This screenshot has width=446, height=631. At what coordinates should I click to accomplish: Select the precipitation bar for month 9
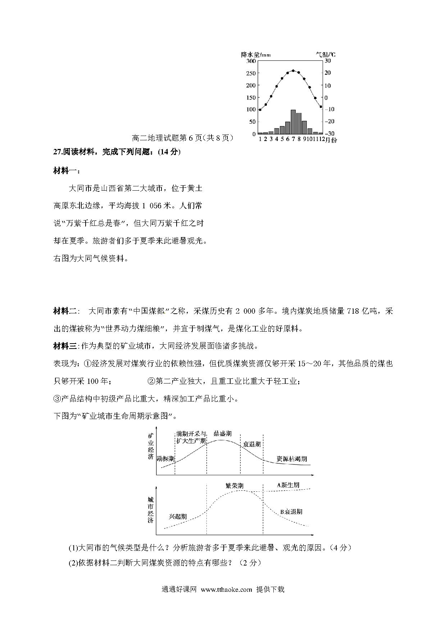click(304, 127)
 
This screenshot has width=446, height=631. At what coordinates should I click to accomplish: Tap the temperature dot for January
click(260, 110)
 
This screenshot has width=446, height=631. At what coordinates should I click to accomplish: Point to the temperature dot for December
click(321, 107)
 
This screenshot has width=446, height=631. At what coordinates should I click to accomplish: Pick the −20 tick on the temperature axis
click(330, 121)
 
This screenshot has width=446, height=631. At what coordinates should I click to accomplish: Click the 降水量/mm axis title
click(256, 55)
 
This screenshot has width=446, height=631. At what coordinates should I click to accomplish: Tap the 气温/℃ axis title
click(326, 55)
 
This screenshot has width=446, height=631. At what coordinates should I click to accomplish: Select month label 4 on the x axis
click(276, 140)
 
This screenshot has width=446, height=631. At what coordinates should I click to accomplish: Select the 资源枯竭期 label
click(292, 459)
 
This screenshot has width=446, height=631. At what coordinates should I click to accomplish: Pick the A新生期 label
click(288, 485)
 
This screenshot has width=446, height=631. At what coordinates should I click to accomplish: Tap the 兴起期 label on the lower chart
click(178, 517)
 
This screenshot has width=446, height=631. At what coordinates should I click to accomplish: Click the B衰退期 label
click(291, 512)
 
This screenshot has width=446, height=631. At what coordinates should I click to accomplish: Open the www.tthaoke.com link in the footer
click(226, 590)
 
